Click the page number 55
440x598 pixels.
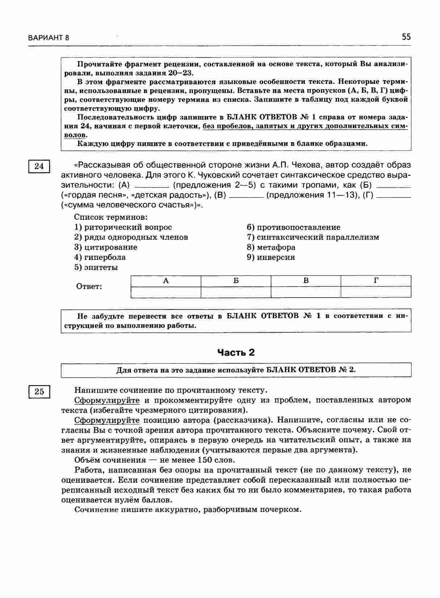[x=406, y=37]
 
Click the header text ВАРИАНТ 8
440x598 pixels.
[x=48, y=38]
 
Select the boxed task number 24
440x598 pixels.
[x=39, y=166]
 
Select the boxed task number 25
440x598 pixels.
[x=39, y=392]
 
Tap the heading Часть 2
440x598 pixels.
[x=236, y=353]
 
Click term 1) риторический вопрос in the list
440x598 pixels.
[x=123, y=227]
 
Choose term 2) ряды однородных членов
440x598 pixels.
[x=131, y=238]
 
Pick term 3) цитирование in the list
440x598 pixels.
[x=106, y=247]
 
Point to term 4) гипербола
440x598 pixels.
[x=100, y=257]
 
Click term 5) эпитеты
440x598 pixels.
[x=96, y=268]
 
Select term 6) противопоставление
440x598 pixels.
[x=293, y=227]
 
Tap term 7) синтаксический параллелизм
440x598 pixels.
[x=313, y=238]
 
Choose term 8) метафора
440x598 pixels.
[x=271, y=247]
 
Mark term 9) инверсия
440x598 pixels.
[x=271, y=257]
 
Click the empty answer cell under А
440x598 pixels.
[x=166, y=292]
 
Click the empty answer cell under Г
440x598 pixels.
[x=376, y=292]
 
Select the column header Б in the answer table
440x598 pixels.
[x=236, y=281]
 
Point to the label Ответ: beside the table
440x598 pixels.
[x=89, y=287]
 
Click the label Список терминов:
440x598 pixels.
[x=111, y=217]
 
